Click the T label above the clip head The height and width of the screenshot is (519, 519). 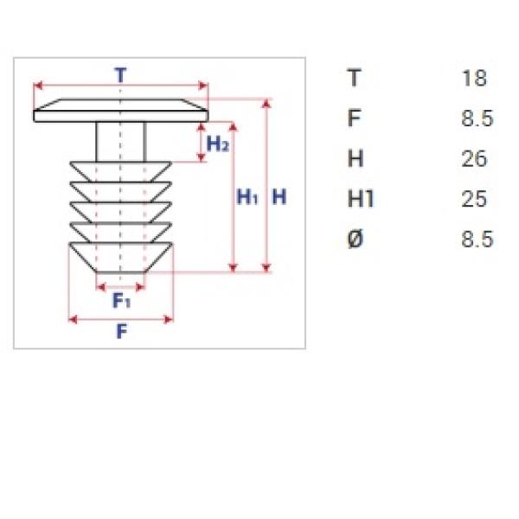[120, 75]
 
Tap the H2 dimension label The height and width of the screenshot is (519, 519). [217, 144]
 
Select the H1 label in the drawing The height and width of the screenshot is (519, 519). [247, 197]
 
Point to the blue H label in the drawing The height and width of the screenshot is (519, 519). [279, 197]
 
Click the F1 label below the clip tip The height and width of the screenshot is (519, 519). [121, 300]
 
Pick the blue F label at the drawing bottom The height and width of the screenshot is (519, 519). [122, 331]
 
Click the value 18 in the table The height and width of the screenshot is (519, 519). [474, 78]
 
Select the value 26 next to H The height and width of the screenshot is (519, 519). [474, 158]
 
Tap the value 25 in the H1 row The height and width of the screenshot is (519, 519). [474, 199]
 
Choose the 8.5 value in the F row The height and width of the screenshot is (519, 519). [477, 119]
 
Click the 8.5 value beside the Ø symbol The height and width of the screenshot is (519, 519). [477, 239]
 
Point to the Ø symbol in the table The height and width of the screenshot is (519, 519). [356, 239]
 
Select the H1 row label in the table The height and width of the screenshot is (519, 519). [361, 199]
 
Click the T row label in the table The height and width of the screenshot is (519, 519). [354, 78]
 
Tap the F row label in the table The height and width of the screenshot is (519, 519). [354, 119]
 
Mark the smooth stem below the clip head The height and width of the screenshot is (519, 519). [121, 142]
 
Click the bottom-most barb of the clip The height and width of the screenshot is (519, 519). [120, 258]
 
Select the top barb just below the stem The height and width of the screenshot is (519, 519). [120, 171]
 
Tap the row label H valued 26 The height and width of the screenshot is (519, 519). [356, 158]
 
